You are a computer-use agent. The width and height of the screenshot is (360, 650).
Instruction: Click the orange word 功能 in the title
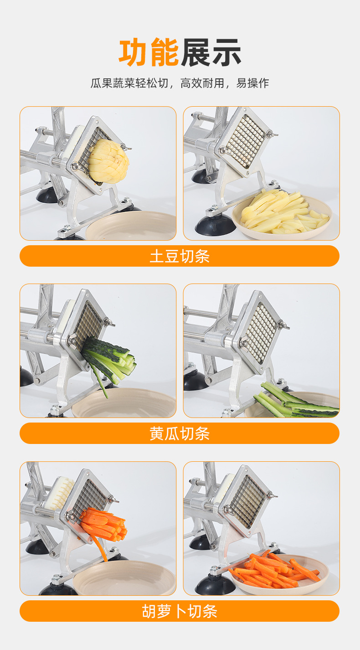[149, 52]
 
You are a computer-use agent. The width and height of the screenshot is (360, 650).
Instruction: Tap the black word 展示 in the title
[211, 52]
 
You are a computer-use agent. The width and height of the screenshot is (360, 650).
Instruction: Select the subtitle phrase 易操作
[252, 83]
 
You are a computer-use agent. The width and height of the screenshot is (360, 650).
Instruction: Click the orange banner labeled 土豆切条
[180, 256]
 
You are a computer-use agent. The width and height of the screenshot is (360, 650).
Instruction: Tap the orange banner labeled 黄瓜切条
[180, 433]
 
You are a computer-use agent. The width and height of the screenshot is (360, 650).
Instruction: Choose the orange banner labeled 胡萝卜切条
[180, 611]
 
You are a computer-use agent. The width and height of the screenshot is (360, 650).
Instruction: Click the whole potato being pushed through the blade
[108, 161]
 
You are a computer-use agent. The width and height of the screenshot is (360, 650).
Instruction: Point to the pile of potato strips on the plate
[284, 211]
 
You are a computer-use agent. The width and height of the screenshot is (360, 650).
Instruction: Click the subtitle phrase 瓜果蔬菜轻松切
[129, 83]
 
